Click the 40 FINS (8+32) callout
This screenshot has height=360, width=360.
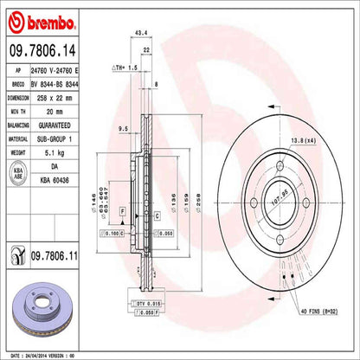(x=318, y=312)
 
